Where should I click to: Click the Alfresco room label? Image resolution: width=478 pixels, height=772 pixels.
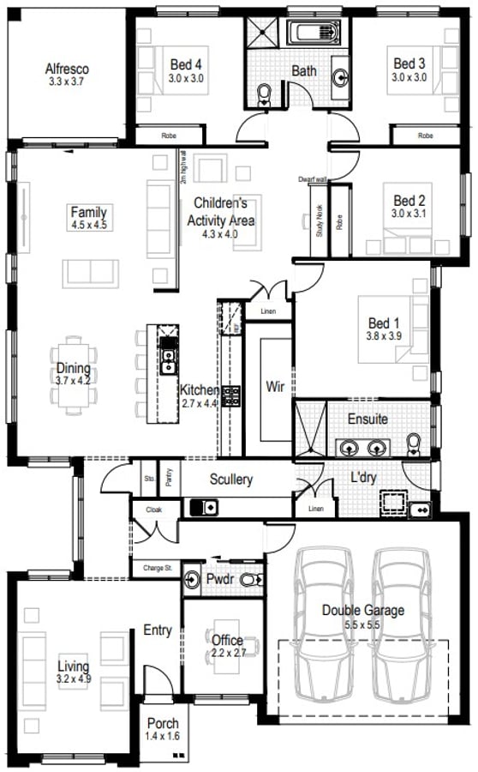point(67,69)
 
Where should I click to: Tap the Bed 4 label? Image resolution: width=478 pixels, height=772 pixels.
point(186,64)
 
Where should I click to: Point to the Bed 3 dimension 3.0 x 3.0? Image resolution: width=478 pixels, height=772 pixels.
point(409,77)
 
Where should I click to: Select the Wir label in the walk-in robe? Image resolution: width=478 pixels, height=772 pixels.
point(275,387)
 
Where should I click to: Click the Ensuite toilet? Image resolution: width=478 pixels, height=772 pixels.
point(415,443)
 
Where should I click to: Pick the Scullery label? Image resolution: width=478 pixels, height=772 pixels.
point(231,479)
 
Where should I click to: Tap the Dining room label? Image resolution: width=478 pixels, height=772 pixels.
point(73,370)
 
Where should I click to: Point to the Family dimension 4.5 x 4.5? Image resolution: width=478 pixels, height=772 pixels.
point(88,225)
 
